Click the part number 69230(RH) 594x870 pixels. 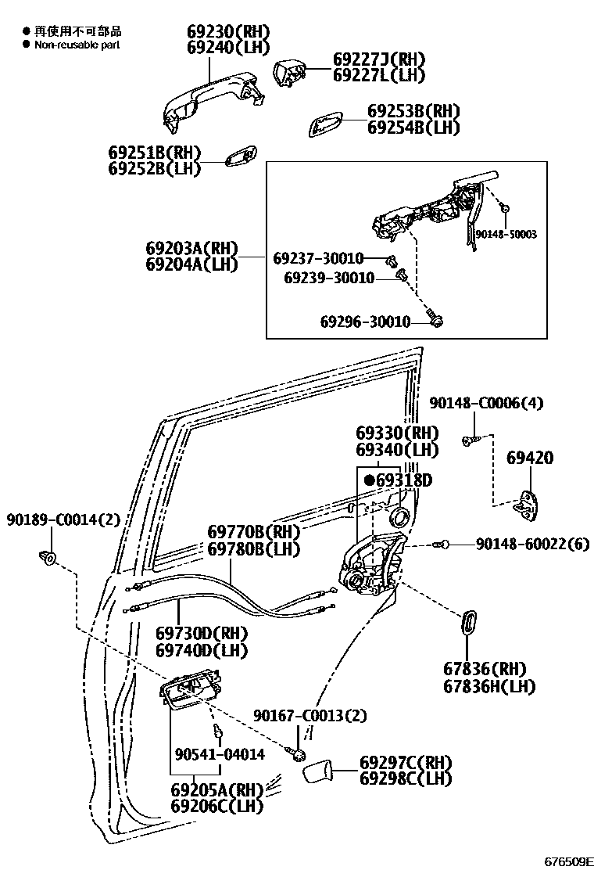[228, 31]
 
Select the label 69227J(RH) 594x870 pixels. [378, 59]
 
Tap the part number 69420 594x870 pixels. [529, 458]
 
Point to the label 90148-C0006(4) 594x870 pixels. [486, 403]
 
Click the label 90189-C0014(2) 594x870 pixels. [64, 520]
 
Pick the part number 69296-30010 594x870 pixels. [364, 322]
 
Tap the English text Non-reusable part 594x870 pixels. [77, 45]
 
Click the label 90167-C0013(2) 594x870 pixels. [310, 716]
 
